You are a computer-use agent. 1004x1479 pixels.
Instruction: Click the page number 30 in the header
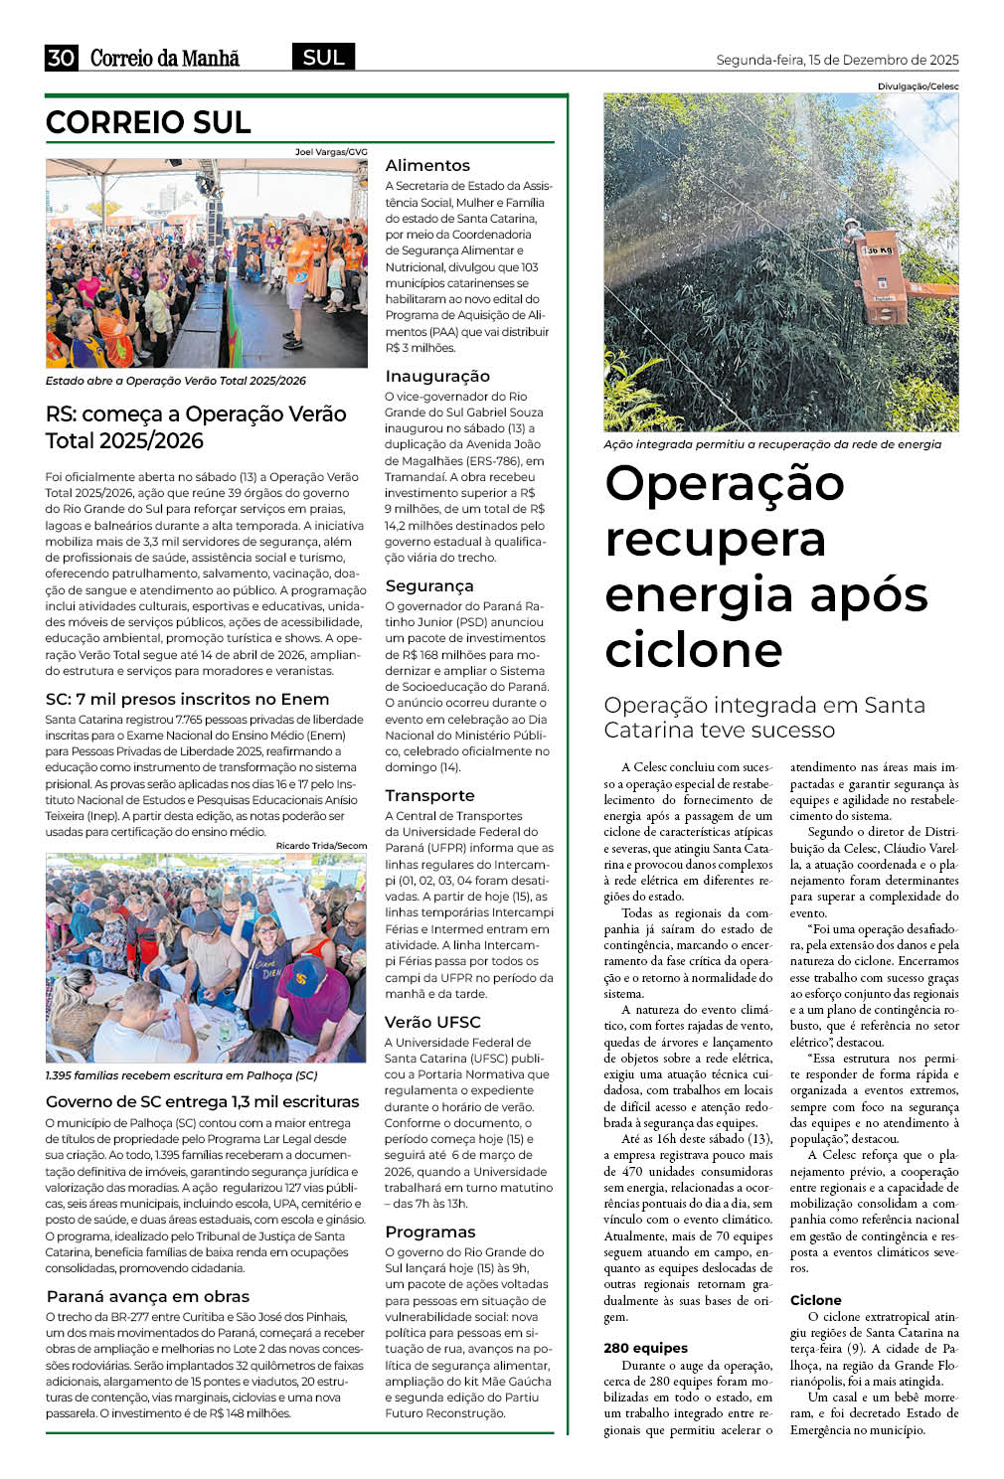tap(61, 58)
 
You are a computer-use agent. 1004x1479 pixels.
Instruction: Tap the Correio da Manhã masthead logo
tap(165, 58)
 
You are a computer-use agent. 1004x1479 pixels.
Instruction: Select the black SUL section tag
tap(323, 58)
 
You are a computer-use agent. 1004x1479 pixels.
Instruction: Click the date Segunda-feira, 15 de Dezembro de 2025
tap(837, 60)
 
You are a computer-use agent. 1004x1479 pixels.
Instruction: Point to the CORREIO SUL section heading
tap(148, 122)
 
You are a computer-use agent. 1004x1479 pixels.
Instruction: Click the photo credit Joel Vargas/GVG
tap(331, 152)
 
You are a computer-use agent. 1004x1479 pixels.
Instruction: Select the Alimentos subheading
tap(427, 165)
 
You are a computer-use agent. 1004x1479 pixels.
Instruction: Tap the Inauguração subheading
tap(437, 376)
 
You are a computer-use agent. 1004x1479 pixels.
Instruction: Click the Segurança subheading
tap(429, 585)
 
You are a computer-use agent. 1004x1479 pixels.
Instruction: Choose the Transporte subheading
tap(429, 795)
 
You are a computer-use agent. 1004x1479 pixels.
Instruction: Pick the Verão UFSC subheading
tap(432, 1022)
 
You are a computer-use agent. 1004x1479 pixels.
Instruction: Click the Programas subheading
tap(430, 1232)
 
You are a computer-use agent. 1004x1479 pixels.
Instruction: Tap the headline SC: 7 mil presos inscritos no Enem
tap(187, 699)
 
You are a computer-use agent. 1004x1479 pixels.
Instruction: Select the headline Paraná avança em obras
tap(148, 1296)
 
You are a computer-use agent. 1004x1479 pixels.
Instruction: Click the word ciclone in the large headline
tap(694, 650)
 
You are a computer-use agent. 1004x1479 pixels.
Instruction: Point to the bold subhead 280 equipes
tap(645, 1348)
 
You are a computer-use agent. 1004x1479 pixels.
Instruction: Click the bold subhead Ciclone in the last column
tap(815, 1300)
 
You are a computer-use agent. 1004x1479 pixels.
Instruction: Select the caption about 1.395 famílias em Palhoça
tap(181, 1075)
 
